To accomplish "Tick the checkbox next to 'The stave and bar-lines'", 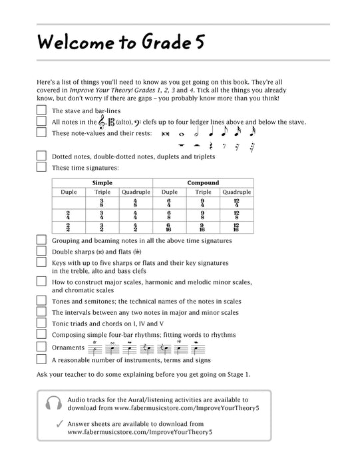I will pos(41,111).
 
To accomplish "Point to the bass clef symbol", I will pos(138,122).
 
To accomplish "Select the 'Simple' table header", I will pos(102,183).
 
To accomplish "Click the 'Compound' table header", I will pos(203,183).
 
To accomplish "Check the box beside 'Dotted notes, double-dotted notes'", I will pos(41,156).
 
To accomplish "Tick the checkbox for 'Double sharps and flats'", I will pos(41,251).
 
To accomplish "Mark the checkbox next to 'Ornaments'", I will pos(41,348).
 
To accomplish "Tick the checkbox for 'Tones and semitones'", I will pos(41,300).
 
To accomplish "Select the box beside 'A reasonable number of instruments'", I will pos(41,359).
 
